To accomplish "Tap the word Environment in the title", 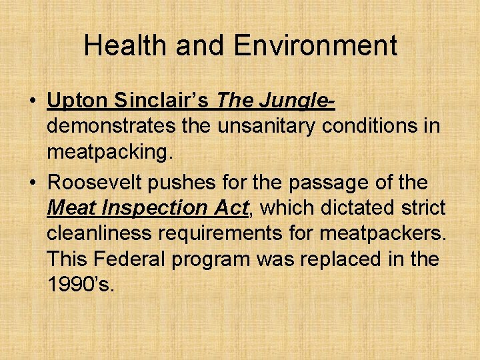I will [315, 45].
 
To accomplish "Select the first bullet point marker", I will [32, 103].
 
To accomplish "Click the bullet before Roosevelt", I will [32, 183].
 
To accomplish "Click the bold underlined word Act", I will [231, 207].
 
